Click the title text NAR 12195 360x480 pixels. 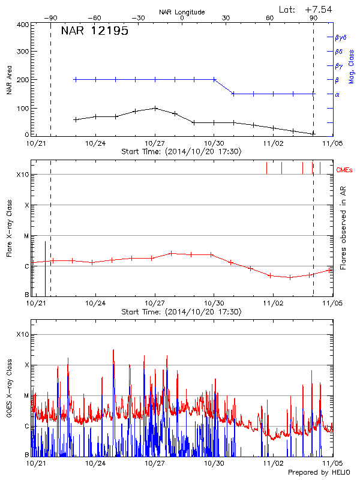point(95,32)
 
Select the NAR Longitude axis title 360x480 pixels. point(182,11)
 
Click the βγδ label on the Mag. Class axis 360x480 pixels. point(340,37)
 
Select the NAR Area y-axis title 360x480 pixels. point(9,80)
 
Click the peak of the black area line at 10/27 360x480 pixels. point(155,108)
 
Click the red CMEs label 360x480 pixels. point(345,170)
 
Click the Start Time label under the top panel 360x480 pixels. point(181,152)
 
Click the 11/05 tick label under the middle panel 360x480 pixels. point(332,304)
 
